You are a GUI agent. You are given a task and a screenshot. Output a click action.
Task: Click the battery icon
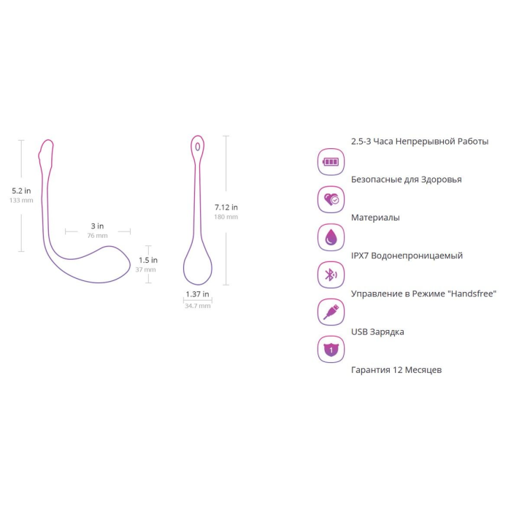(331, 161)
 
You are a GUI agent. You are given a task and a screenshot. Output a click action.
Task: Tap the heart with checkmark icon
(331, 199)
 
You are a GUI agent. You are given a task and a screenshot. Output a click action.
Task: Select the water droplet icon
(331, 237)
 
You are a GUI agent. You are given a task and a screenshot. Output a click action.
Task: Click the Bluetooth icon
(331, 274)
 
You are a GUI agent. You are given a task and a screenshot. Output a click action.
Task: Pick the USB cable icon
(331, 312)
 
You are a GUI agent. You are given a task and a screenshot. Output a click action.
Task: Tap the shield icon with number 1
(331, 350)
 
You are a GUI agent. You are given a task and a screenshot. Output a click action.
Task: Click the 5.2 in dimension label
(21, 191)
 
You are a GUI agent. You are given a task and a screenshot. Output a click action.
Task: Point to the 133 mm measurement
(21, 200)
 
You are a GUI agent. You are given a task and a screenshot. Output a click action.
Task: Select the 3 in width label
(97, 226)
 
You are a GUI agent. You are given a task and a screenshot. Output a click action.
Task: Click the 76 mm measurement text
(97, 235)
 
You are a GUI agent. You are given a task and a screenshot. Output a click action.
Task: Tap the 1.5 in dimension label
(148, 260)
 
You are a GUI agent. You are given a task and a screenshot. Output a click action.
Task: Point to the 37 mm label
(146, 269)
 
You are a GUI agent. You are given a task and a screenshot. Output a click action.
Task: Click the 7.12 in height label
(226, 207)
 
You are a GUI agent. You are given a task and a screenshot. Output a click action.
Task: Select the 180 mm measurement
(226, 217)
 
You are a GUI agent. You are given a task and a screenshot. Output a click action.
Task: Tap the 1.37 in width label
(198, 294)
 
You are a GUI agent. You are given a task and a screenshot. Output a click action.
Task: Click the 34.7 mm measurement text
(198, 306)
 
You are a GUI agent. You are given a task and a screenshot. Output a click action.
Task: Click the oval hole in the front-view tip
(198, 147)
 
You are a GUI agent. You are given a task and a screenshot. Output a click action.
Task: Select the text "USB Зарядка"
(377, 331)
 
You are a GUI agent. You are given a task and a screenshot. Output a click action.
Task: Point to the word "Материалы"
(375, 218)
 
